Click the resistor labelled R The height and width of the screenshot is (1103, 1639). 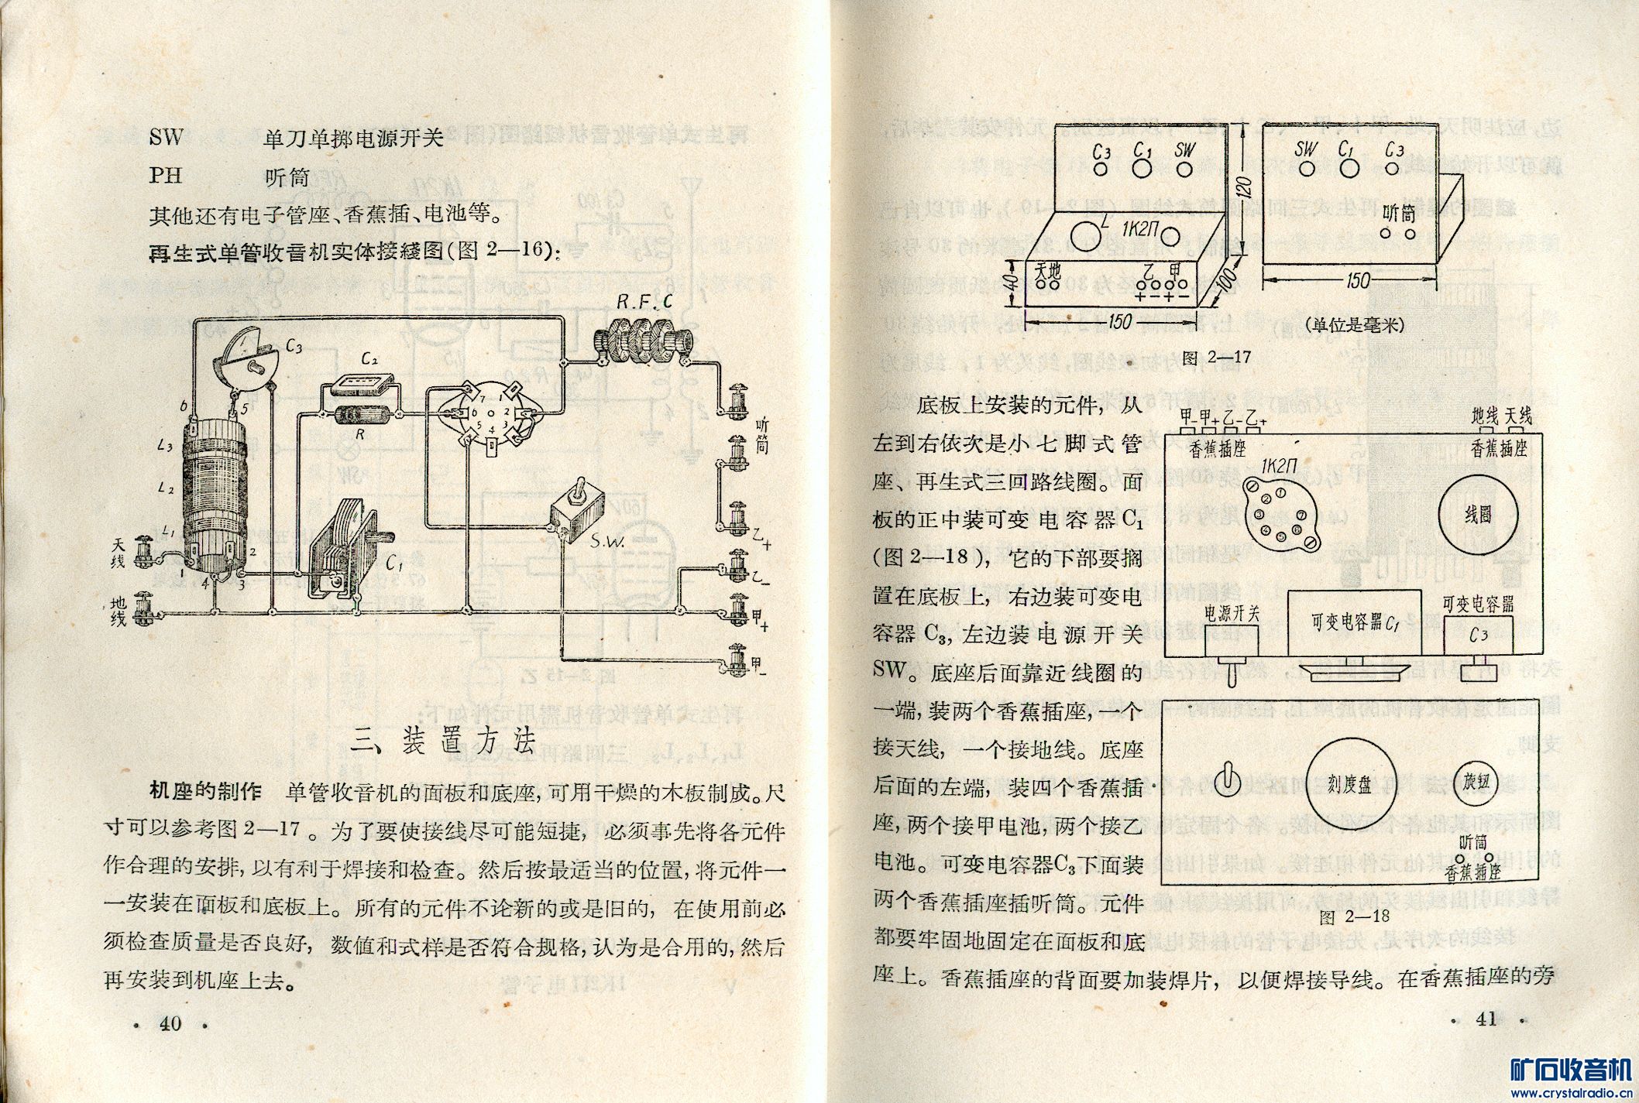tap(359, 416)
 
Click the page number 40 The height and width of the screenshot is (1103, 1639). tap(170, 1023)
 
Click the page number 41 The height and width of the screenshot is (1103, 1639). tap(1486, 1019)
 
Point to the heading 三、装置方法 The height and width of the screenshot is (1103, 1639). tap(442, 741)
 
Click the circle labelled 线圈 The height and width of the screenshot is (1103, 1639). tap(1478, 514)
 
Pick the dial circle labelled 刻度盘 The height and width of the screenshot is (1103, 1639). tap(1349, 784)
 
